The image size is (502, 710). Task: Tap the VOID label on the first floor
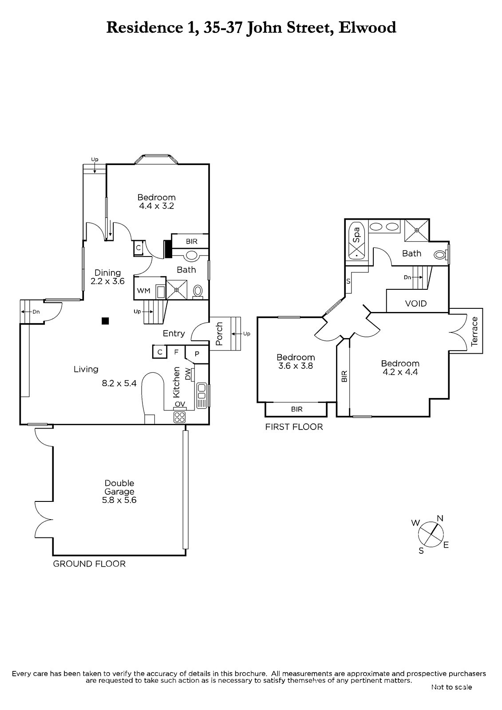[x=416, y=304]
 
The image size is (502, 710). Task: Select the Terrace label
[x=474, y=331]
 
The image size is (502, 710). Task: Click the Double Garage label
[x=119, y=487]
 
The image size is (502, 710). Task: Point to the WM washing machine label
[x=143, y=291]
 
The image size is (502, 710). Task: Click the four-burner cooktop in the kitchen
[x=179, y=417]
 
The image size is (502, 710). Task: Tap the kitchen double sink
[x=202, y=395]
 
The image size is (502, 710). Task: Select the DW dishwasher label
[x=188, y=374]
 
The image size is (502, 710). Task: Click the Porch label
[x=219, y=334]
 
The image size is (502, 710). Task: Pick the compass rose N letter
[x=440, y=518]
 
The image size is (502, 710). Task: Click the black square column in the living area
[x=105, y=321]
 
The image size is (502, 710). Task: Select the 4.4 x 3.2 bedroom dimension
[x=156, y=206]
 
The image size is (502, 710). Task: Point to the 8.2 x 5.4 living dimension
[x=119, y=383]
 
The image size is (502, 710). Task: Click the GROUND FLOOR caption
[x=89, y=564]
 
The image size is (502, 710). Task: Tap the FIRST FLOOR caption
[x=294, y=427]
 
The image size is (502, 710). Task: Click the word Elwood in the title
[x=368, y=28]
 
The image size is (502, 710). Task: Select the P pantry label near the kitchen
[x=197, y=354]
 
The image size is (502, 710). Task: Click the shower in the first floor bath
[x=417, y=230]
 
